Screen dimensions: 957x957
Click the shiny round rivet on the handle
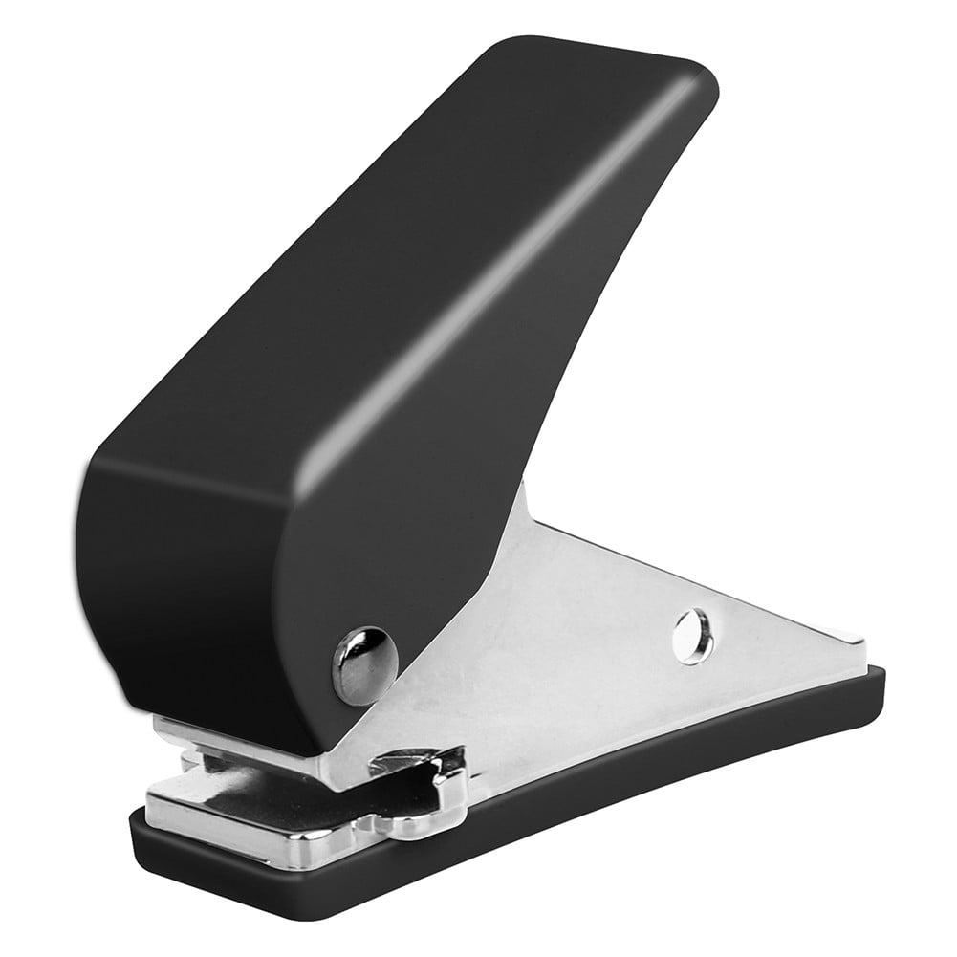[364, 664]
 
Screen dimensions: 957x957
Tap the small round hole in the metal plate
[692, 636]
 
